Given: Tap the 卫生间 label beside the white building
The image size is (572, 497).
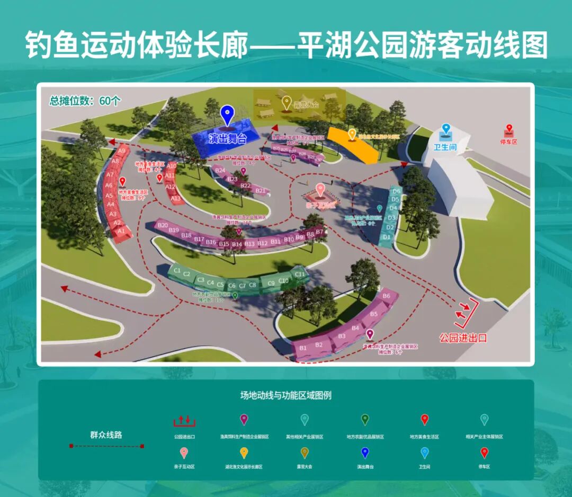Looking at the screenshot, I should pos(445,147).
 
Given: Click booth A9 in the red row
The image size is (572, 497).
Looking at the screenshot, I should pos(121,151).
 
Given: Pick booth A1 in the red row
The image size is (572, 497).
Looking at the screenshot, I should pos(121,231).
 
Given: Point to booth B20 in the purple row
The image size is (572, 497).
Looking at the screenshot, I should pos(162,225).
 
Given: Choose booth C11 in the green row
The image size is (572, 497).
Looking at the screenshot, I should pos(300,274).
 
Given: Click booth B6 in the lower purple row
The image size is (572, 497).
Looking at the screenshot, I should pos(386,296).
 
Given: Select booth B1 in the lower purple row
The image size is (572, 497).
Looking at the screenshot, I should pos(303,348).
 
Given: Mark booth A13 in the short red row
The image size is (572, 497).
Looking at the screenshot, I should pos(175,198).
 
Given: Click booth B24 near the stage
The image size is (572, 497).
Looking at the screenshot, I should pos(220,170).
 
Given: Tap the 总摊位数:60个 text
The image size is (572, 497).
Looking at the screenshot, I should pos(85,101).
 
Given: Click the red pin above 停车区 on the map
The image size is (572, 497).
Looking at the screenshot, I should pos(509,129).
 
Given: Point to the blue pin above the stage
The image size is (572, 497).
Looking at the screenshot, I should pos(227,113).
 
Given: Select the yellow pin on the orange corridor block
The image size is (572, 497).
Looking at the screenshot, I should pos(352,134).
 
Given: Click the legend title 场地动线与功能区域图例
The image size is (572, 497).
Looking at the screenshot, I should pos(286,395).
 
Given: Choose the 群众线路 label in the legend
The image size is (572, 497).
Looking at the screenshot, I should pos(106,434).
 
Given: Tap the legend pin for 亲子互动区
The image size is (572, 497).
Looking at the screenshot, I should pos(184,453).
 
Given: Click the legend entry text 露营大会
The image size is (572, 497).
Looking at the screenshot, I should pos(305,467).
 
